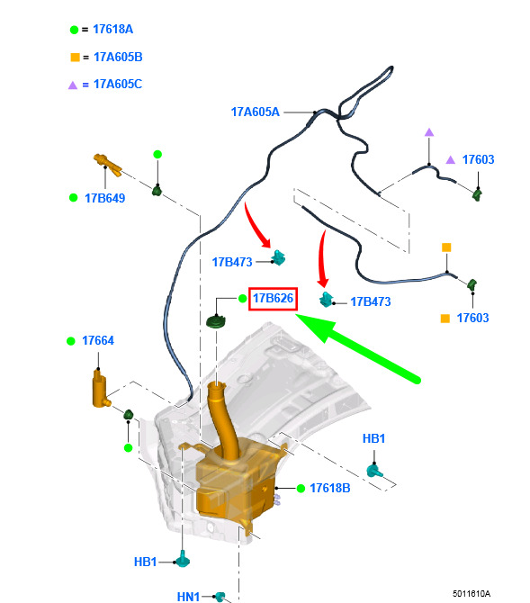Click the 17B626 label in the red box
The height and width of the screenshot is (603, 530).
pos(273,298)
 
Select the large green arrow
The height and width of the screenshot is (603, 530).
pos(358,347)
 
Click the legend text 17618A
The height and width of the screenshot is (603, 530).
pos(113,29)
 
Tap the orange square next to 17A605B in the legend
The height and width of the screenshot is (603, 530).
pos(75,58)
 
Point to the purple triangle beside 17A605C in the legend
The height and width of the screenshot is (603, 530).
pos(73,85)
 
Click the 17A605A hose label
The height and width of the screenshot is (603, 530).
pos(255,112)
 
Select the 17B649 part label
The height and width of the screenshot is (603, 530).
pos(104,198)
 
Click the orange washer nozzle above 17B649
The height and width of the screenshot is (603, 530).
pos(107,164)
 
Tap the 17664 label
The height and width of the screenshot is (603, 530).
pos(98,340)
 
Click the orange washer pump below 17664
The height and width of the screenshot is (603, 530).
pos(101,389)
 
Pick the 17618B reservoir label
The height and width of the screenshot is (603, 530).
pos(330,488)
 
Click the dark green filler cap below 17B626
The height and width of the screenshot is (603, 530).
pos(216,321)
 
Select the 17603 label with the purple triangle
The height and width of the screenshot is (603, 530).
pos(478,159)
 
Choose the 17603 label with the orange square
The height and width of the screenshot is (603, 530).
pos(472,318)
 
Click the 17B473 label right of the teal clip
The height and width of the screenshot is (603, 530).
pos(371,301)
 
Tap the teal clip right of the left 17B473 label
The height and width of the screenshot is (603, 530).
pos(278,257)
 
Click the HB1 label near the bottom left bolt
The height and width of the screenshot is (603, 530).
pos(145,562)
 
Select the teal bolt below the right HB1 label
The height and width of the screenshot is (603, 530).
pos(374,471)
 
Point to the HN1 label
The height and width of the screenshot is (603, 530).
pos(188,597)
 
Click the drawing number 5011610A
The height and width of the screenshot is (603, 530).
pos(472,594)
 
